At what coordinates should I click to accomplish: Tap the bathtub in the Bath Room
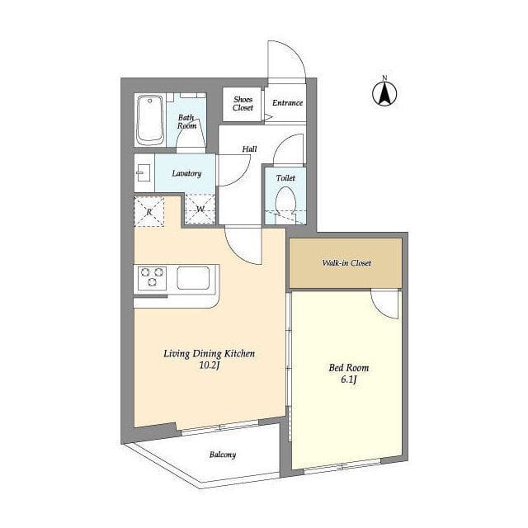tap(150, 120)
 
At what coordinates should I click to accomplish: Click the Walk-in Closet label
tap(346, 262)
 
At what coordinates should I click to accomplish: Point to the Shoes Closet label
tap(243, 103)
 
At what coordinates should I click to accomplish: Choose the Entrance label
tap(287, 102)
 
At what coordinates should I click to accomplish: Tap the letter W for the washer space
tap(200, 209)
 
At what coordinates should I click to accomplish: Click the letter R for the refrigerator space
tap(149, 212)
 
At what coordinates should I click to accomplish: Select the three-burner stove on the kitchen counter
tap(152, 277)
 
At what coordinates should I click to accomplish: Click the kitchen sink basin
tap(193, 278)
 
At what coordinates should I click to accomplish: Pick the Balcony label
tap(223, 455)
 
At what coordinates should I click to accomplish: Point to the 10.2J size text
tap(209, 365)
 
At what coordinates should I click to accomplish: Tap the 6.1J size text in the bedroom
tap(348, 379)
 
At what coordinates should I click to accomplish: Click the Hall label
tap(249, 148)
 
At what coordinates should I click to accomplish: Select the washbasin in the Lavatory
tap(144, 172)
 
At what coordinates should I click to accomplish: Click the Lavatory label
tap(186, 173)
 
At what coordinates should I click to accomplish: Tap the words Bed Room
tap(348, 368)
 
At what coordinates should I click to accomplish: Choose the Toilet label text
tap(285, 178)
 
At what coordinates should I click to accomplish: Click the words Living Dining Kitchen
tap(209, 354)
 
